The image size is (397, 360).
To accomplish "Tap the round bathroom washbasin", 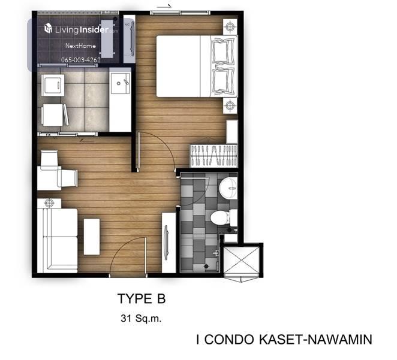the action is pyautogui.click(x=228, y=188).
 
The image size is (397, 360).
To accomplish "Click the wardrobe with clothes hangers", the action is pyautogui.click(x=214, y=156).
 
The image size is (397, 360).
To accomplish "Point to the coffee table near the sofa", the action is pyautogui.click(x=92, y=237).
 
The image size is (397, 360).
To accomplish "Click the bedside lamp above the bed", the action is pyautogui.click(x=230, y=26).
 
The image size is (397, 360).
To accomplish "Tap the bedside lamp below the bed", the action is pyautogui.click(x=230, y=105).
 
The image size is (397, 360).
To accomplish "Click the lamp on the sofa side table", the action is pyautogui.click(x=49, y=202).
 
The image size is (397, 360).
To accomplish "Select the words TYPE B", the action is pyautogui.click(x=142, y=298).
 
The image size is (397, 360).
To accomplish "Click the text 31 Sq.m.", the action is pyautogui.click(x=141, y=318).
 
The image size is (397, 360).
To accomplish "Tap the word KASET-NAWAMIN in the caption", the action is pyautogui.click(x=315, y=340).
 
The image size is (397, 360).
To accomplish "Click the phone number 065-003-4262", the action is pyautogui.click(x=81, y=60).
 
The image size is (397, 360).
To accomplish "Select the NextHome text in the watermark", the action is pyautogui.click(x=80, y=46).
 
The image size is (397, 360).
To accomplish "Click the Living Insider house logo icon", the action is pyautogui.click(x=48, y=28).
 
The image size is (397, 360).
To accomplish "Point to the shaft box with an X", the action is pyautogui.click(x=242, y=261).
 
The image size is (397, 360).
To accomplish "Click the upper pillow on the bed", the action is pyautogui.click(x=224, y=50).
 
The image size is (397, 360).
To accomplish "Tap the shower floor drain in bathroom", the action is pyautogui.click(x=206, y=266).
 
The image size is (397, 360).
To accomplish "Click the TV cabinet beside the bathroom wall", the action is pyautogui.click(x=169, y=243).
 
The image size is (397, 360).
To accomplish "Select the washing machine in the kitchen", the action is pyautogui.click(x=53, y=85).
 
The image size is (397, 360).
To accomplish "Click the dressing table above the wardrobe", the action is pyautogui.click(x=232, y=132).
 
